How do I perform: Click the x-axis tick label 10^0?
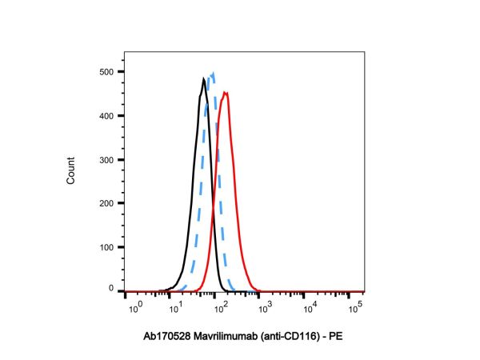pyautogui.click(x=135, y=307)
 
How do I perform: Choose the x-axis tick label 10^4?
pyautogui.click(x=309, y=307)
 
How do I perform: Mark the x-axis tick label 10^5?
pyautogui.click(x=352, y=307)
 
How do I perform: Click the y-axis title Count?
pyautogui.click(x=70, y=173)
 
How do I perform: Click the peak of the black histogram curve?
pyautogui.click(x=203, y=78)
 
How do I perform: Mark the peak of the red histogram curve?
pyautogui.click(x=226, y=93)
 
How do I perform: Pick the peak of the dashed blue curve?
pyautogui.click(x=212, y=75)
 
